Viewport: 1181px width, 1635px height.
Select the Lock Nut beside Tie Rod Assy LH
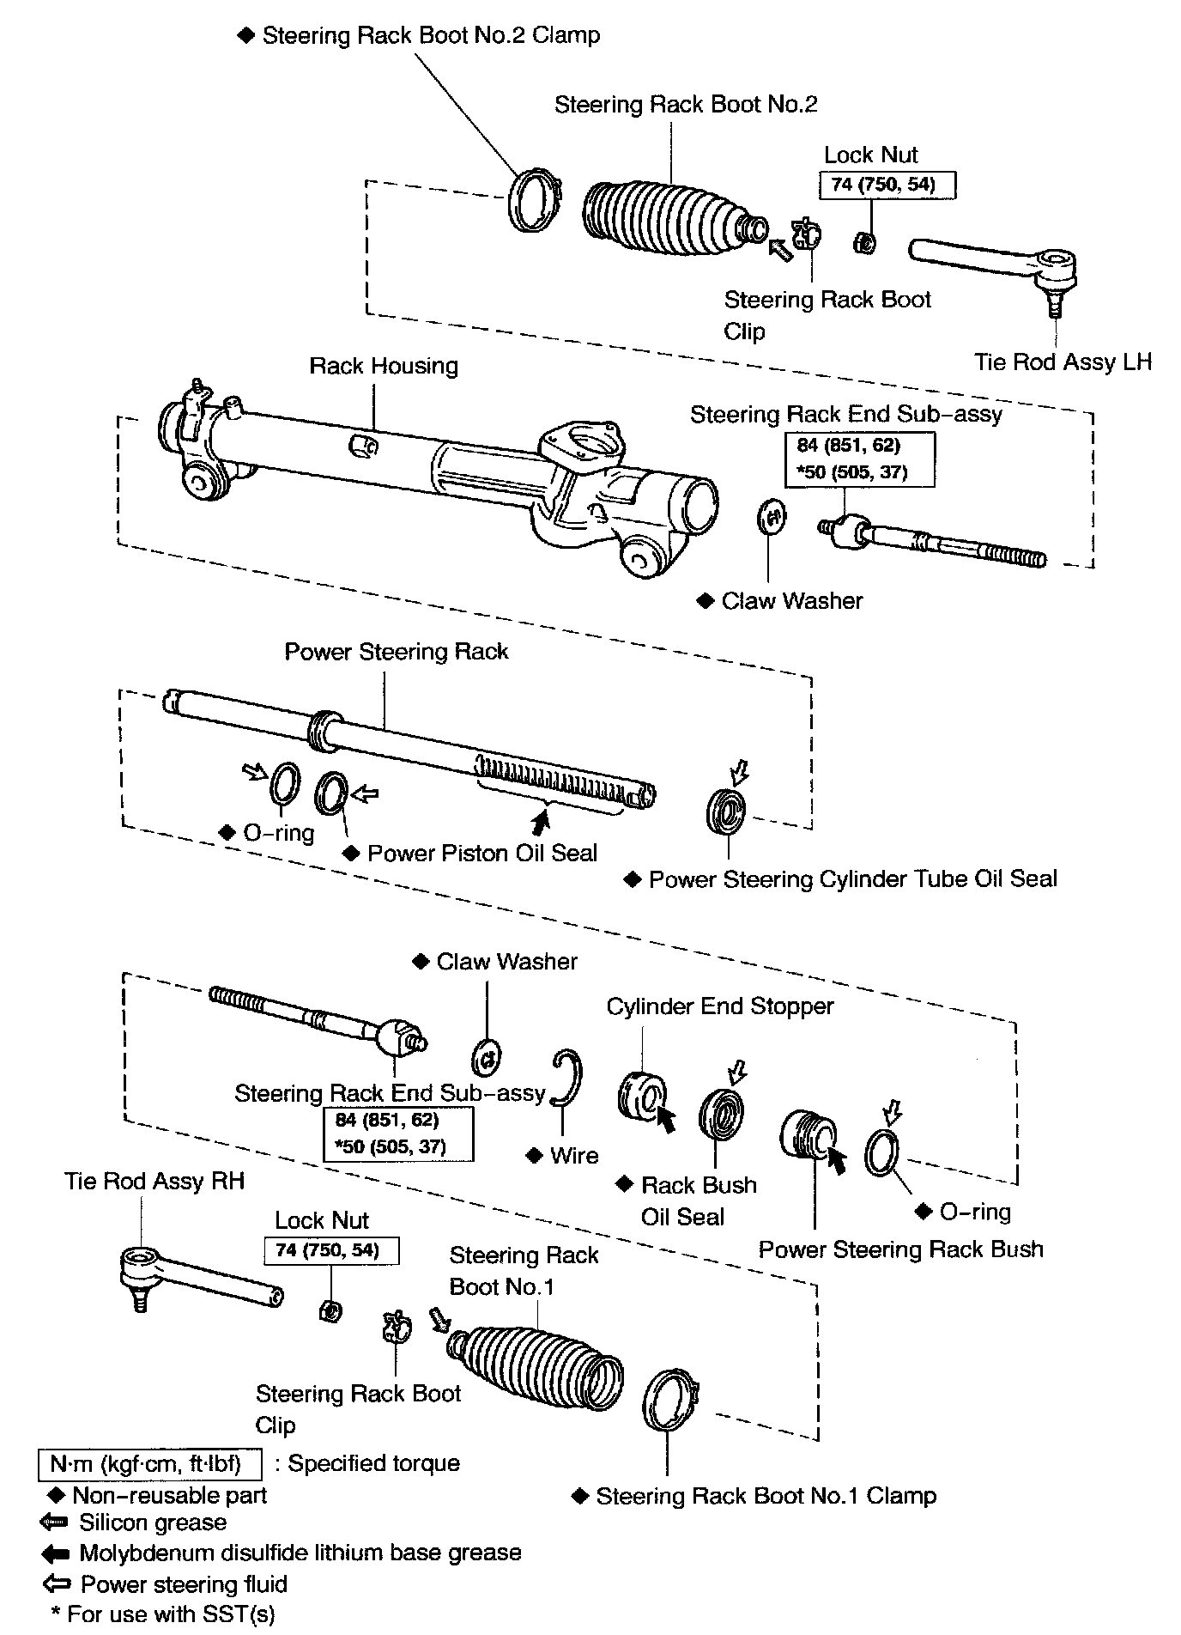pos(865,243)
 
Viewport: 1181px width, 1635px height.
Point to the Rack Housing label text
pos(384,366)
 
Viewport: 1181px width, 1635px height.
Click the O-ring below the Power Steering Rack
pos(285,784)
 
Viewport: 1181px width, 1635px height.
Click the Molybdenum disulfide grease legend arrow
pos(55,1553)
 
